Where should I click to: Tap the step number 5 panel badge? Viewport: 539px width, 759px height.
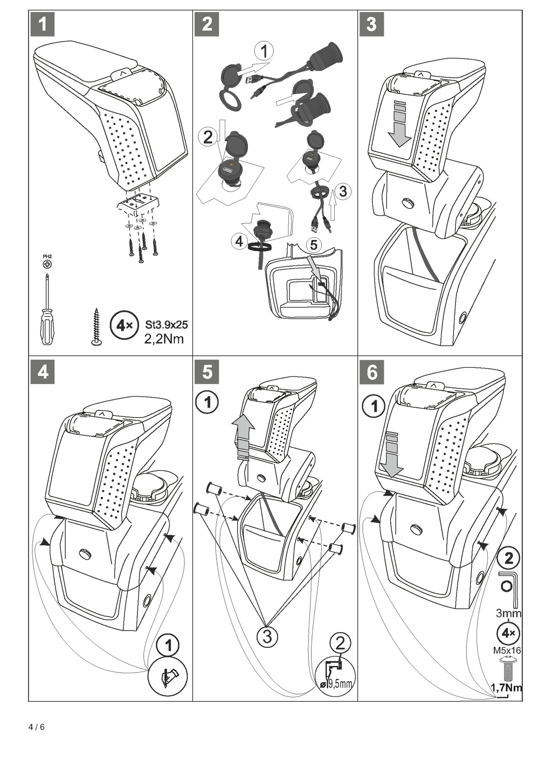206,372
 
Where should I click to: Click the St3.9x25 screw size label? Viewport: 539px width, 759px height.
167,325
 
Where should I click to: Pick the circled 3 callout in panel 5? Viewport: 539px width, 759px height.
267,635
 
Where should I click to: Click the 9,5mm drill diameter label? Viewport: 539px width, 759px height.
339,683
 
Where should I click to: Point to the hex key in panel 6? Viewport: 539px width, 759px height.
510,588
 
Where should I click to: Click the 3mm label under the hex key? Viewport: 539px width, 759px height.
508,613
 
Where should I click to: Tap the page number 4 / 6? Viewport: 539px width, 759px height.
37,727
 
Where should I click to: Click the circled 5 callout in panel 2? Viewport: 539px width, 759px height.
313,244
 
